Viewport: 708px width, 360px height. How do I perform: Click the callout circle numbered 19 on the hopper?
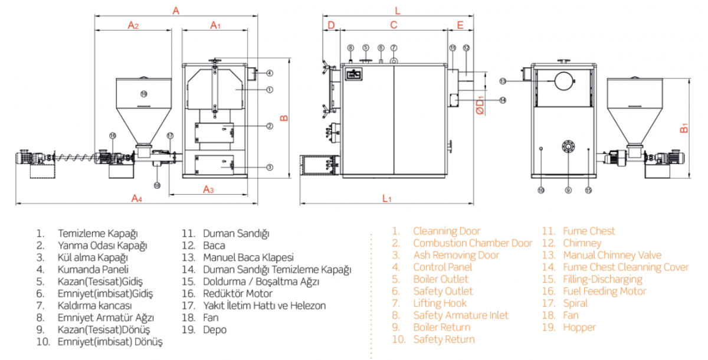pos(143,94)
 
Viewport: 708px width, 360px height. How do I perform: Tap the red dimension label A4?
pos(137,197)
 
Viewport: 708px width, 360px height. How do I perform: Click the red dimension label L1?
pos(387,198)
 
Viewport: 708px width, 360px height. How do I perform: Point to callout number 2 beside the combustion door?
pos(269,126)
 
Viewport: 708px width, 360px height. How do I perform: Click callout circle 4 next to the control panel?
pos(269,73)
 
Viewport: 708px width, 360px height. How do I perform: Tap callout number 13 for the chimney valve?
pos(503,80)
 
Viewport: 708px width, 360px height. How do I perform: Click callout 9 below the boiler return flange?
pos(568,190)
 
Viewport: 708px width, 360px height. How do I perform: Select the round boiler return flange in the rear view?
pos(568,146)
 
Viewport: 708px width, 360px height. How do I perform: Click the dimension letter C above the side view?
pos(394,25)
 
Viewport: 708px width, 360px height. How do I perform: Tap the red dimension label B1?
pos(684,127)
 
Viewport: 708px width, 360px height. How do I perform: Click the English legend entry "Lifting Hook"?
pos(440,303)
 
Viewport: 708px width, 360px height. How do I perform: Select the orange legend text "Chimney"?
pos(582,243)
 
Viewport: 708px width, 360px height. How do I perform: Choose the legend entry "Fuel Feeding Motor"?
pos(604,291)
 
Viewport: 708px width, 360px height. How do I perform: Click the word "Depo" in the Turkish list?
pos(214,329)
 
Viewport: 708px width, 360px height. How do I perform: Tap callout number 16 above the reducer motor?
pos(113,136)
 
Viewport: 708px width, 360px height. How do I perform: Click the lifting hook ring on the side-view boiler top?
pos(394,60)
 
